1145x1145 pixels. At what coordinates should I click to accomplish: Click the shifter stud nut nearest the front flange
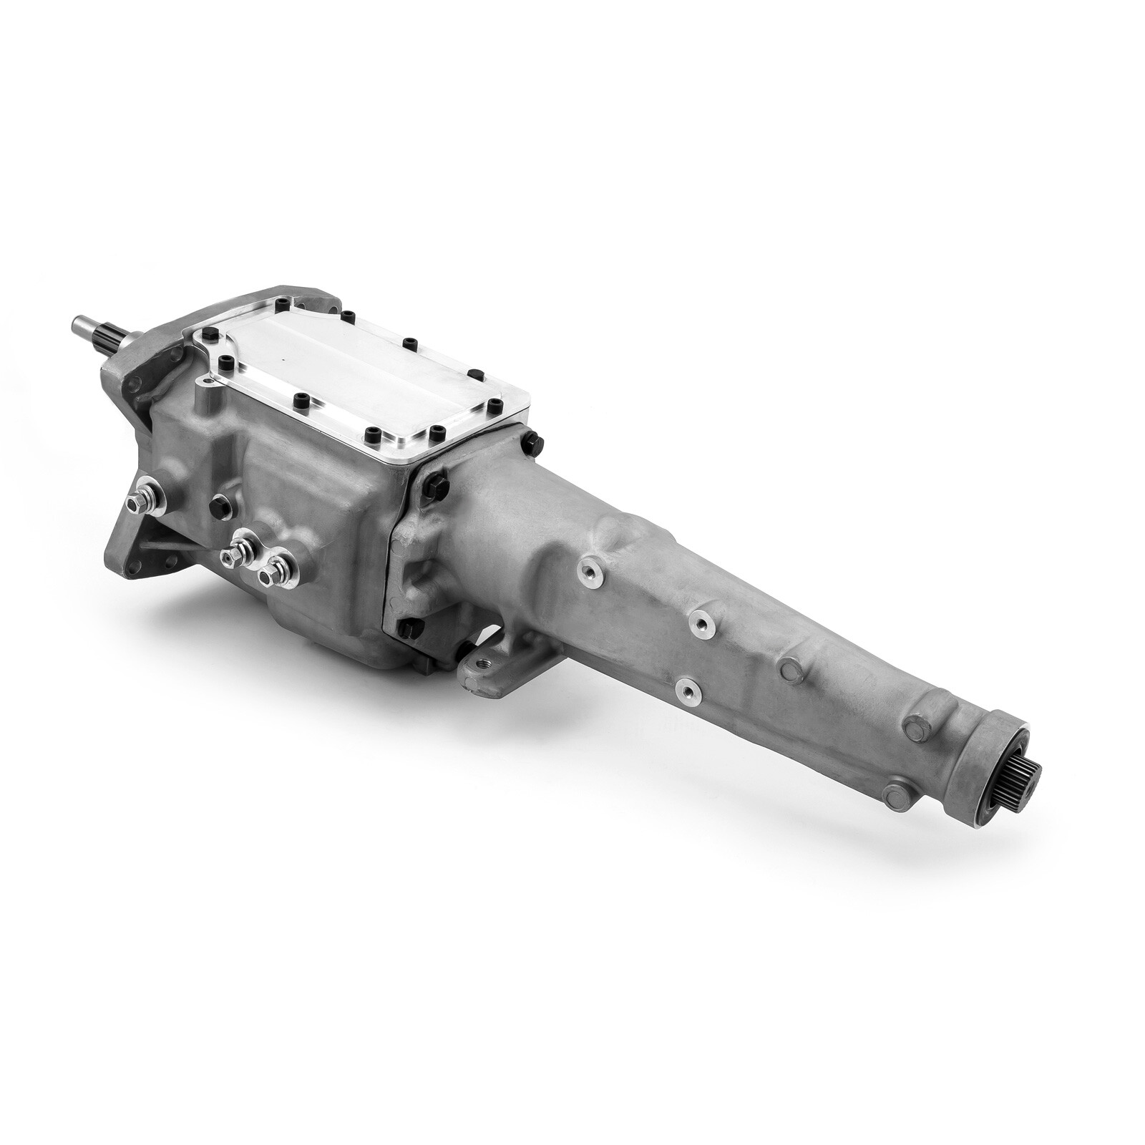point(136,503)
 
